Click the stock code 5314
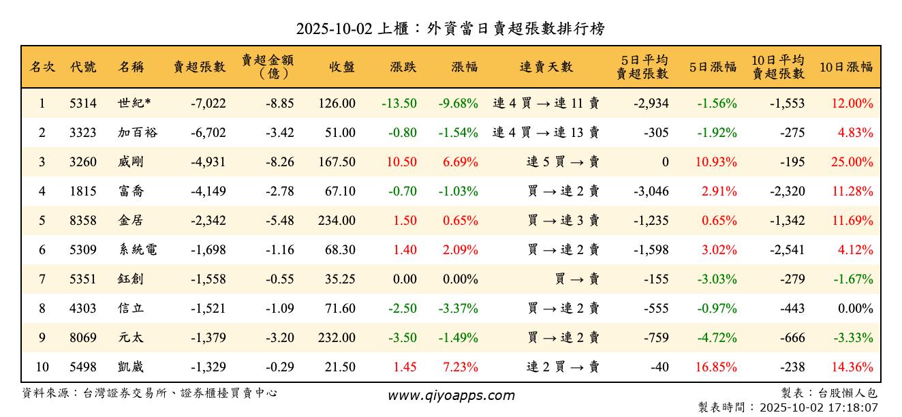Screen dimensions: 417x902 coord(83,104)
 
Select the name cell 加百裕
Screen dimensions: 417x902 coord(137,133)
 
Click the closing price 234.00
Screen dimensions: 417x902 coord(337,221)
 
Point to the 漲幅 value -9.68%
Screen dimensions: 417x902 coord(458,104)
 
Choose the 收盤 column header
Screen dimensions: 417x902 coord(341,67)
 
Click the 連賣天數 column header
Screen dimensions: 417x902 coord(546,67)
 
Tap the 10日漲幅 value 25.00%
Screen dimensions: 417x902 coord(852,162)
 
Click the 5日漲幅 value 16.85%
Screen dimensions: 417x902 coord(716,367)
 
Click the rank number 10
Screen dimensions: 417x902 coord(42,367)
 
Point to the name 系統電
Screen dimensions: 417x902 coord(137,250)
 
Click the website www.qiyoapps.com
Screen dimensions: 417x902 coord(451,395)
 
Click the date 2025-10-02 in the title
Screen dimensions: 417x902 coord(334,29)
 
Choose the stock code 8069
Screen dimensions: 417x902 coord(83,338)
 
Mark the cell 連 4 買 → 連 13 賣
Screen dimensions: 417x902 coord(546,133)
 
